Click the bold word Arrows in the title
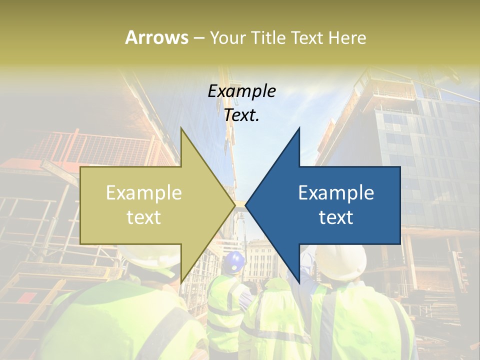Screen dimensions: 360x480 click(x=156, y=37)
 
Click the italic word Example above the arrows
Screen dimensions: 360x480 click(x=241, y=91)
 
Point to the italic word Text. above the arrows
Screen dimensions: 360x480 click(x=241, y=115)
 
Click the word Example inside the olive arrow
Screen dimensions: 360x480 click(x=144, y=193)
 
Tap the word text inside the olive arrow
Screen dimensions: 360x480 click(x=144, y=217)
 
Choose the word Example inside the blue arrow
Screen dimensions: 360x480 click(x=336, y=193)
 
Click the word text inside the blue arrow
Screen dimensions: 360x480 click(x=336, y=217)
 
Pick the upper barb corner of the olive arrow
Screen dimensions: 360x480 click(x=180, y=128)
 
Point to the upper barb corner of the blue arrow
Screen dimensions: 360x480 click(x=299, y=128)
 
